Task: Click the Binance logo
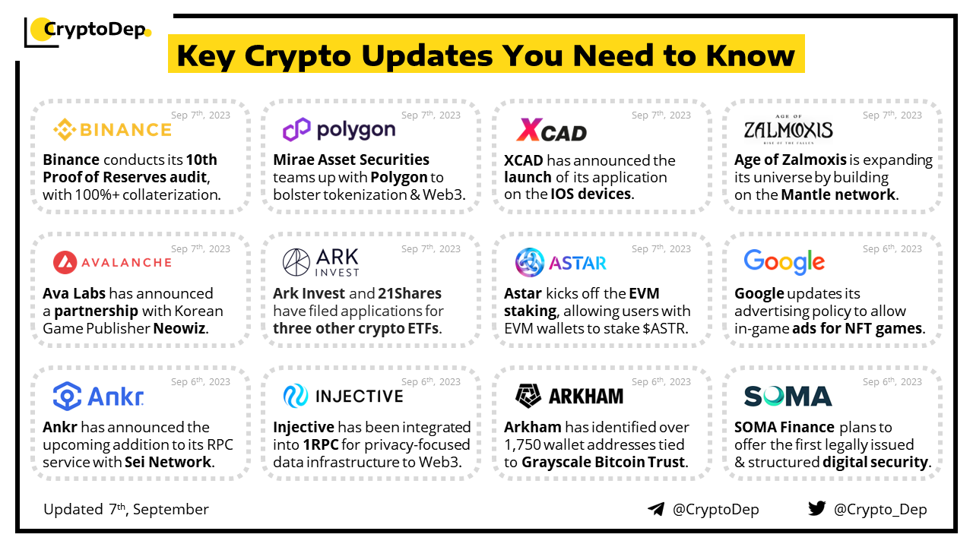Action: click(113, 129)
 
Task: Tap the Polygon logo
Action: click(339, 129)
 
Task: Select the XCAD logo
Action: click(551, 130)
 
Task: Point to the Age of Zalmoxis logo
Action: click(788, 129)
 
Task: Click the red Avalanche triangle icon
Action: click(65, 262)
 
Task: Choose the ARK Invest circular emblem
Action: click(296, 262)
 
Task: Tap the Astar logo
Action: click(561, 262)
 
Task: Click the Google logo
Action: click(784, 261)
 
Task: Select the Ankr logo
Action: click(99, 396)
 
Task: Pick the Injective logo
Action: click(343, 396)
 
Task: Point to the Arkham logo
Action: click(569, 396)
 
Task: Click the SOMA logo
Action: click(788, 396)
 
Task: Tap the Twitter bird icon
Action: click(816, 508)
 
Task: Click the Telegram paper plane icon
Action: click(656, 509)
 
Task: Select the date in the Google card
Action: click(892, 248)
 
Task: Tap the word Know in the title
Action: click(750, 55)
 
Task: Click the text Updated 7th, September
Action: click(126, 509)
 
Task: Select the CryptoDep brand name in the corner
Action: click(95, 29)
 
